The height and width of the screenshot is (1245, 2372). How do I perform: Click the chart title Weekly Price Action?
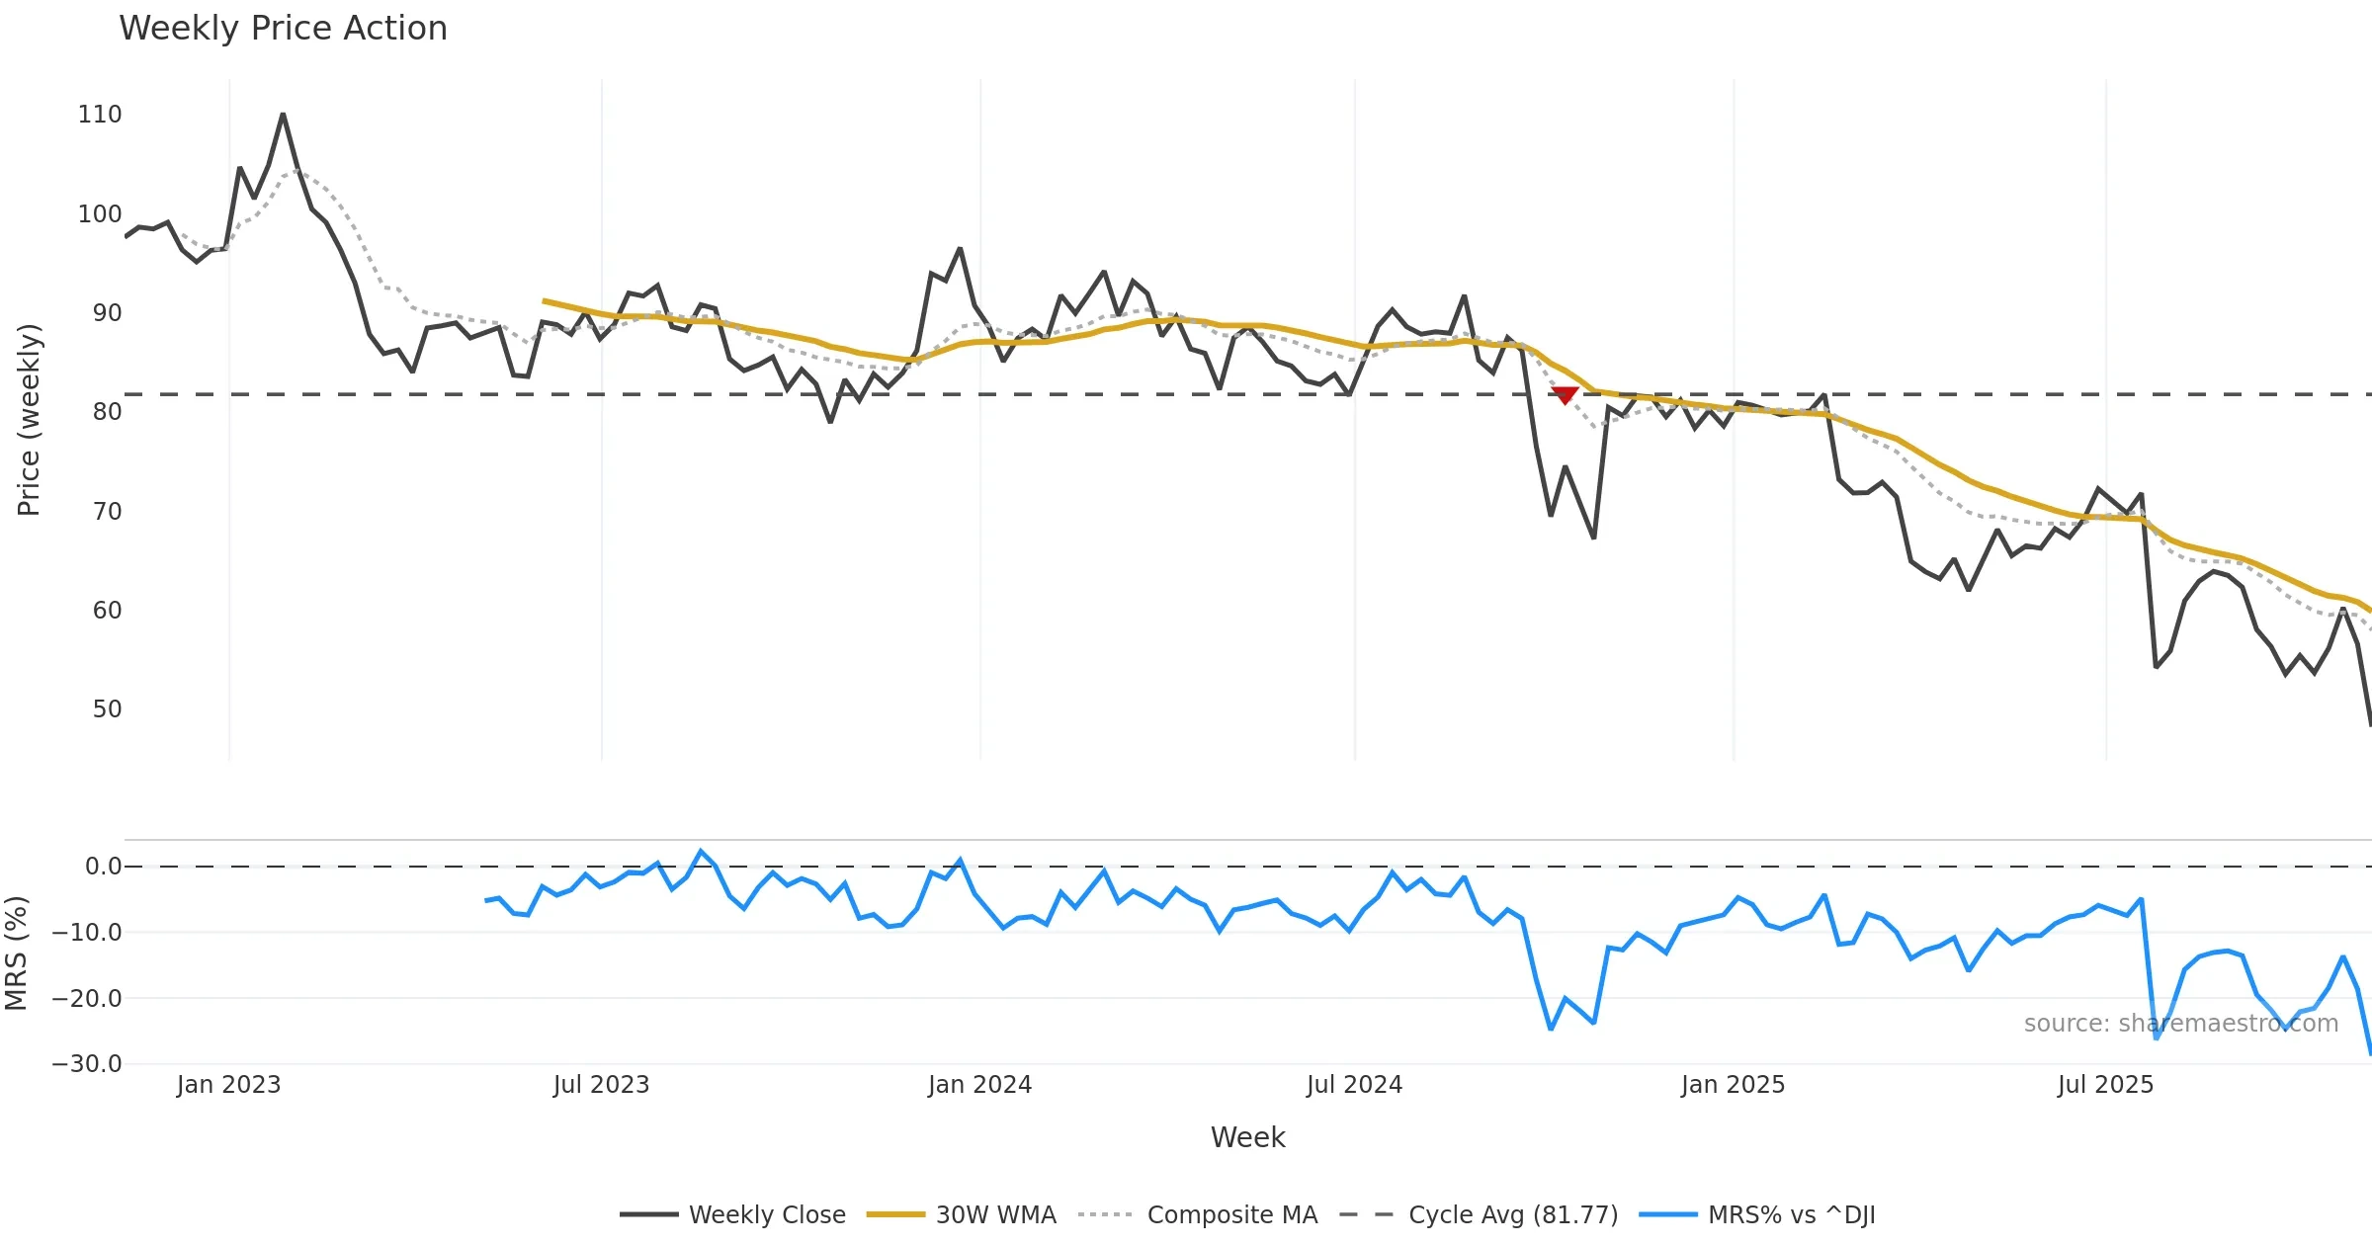click(x=283, y=29)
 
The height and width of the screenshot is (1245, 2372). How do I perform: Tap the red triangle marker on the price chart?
click(x=1565, y=395)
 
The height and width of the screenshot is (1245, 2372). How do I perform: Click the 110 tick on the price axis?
click(x=100, y=115)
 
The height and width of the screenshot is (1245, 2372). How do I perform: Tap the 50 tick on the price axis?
click(x=107, y=709)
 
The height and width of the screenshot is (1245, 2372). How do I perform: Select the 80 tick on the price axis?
click(x=107, y=412)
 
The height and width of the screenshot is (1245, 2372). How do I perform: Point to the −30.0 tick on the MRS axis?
click(x=87, y=1064)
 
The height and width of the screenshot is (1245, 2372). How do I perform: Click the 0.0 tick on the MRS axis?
click(x=103, y=867)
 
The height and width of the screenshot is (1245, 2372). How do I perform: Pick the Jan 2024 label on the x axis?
click(x=979, y=1085)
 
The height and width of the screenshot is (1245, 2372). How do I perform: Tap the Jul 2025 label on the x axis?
click(x=2105, y=1085)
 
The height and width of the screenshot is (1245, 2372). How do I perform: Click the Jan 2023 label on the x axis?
click(x=228, y=1085)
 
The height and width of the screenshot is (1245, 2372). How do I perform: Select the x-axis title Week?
click(x=1247, y=1138)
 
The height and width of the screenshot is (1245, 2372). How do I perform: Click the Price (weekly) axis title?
click(x=29, y=420)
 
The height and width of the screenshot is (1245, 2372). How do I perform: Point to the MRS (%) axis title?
click(x=16, y=954)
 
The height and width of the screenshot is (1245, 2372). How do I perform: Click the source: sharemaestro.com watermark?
click(x=2180, y=1024)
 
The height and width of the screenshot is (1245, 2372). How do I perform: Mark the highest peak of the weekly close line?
click(x=283, y=115)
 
